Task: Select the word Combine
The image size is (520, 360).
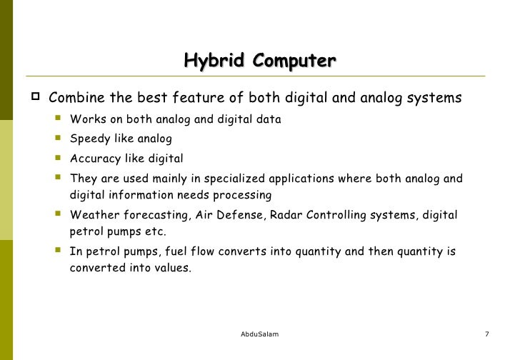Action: pos(76,98)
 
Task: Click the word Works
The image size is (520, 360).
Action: pos(86,119)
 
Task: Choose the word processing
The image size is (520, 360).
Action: pos(244,195)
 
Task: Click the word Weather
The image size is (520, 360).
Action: pos(93,215)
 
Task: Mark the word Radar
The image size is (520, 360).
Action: pos(286,215)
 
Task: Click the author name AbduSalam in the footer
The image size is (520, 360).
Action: pos(260,335)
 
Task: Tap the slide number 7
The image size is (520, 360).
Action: pos(486,335)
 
